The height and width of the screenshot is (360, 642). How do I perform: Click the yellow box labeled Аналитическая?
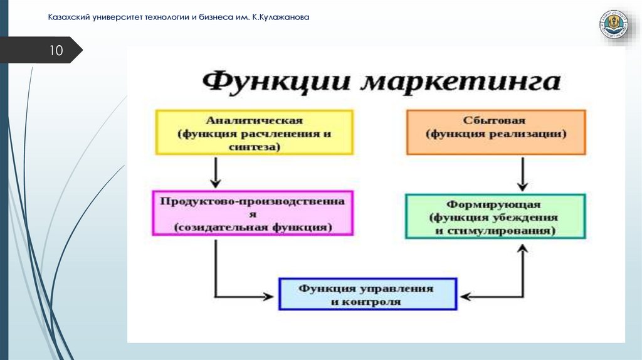tap(254, 132)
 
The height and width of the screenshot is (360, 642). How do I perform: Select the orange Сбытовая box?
tap(495, 132)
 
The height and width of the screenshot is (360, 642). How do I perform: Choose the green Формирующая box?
tap(495, 216)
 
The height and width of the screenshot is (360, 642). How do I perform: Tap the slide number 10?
tap(56, 51)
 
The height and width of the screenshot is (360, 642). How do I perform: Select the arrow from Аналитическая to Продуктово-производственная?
tap(216, 172)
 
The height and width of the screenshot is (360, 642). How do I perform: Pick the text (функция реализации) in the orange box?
tap(495, 134)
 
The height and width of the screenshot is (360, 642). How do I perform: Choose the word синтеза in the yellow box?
tap(254, 147)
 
